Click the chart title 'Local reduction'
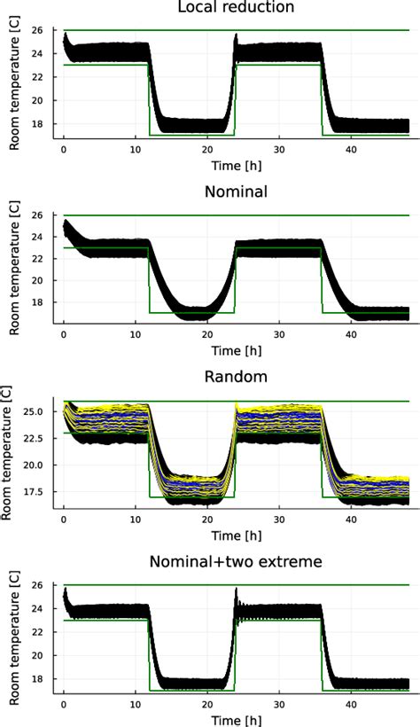(x=236, y=8)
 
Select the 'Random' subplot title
(x=236, y=379)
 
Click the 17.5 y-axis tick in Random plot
(x=41, y=491)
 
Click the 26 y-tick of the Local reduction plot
(x=46, y=30)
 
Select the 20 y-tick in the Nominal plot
(x=46, y=280)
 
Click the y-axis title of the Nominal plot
(x=14, y=267)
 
